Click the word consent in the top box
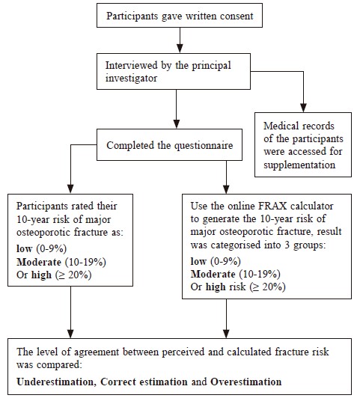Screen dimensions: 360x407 click(237, 16)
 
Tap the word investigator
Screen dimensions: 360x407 click(131, 78)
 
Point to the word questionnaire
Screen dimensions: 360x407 click(204, 145)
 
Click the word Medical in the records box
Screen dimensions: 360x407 click(281, 126)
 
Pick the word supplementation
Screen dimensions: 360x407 click(299, 165)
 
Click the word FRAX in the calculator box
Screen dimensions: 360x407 click(272, 206)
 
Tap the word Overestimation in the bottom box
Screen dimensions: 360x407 click(245, 382)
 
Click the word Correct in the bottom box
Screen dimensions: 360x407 click(118, 382)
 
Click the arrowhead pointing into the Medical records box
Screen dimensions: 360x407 click(303, 108)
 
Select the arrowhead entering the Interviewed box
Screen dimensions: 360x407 click(180, 49)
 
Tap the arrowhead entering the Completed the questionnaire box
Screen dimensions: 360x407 click(177, 124)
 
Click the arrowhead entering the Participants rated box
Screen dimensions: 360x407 click(70, 189)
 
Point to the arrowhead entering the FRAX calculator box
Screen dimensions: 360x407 click(226, 189)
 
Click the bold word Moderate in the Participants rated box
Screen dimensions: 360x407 click(39, 262)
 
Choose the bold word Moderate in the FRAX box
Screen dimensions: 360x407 click(213, 274)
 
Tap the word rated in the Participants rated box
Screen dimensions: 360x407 click(83, 206)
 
